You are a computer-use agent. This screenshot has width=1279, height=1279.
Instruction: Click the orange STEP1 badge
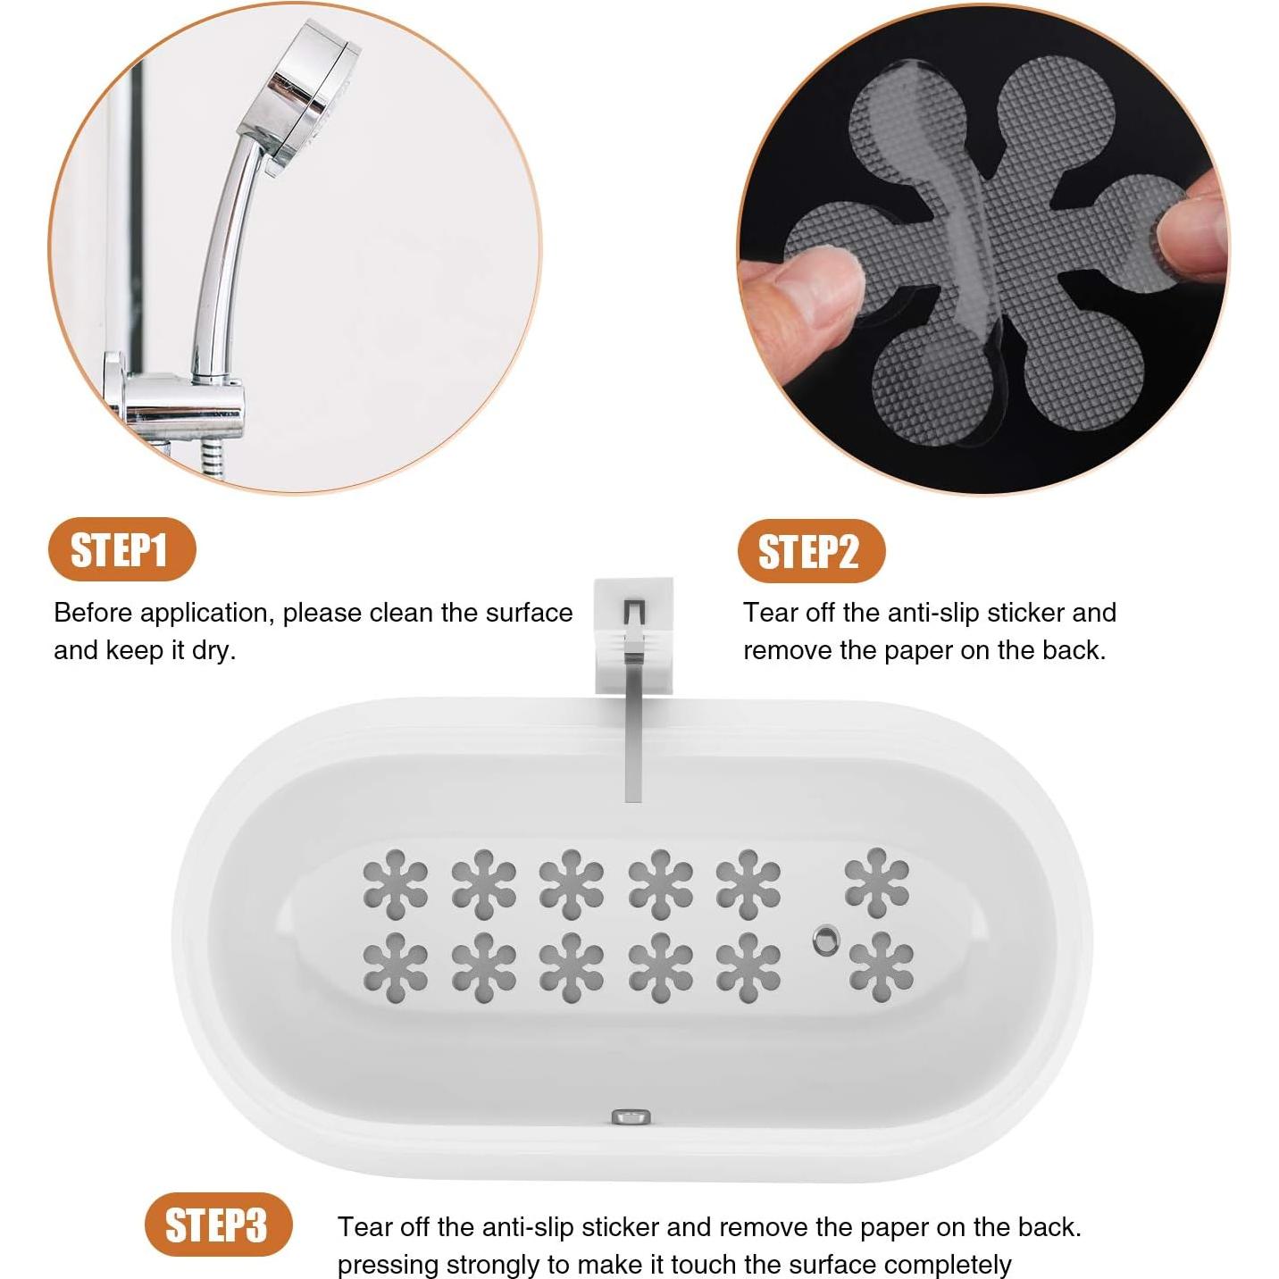coord(121,549)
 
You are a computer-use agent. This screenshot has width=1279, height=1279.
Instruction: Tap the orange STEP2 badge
coord(810,551)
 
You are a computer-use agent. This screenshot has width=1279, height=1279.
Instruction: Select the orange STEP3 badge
coord(218,1225)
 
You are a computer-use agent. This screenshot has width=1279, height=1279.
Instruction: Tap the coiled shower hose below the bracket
coord(212,459)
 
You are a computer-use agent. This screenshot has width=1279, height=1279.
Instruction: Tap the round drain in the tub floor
coord(826,940)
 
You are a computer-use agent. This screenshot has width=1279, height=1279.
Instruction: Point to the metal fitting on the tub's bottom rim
coord(631,1116)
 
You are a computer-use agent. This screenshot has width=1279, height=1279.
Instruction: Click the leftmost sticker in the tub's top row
coord(395,883)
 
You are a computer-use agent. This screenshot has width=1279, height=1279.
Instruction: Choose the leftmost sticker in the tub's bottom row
coord(395,967)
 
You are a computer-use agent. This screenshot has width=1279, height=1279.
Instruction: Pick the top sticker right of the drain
coord(877,882)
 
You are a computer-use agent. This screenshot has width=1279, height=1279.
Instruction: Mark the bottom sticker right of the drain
coord(881,966)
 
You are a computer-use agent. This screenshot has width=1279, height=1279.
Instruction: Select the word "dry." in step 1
coord(213,651)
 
